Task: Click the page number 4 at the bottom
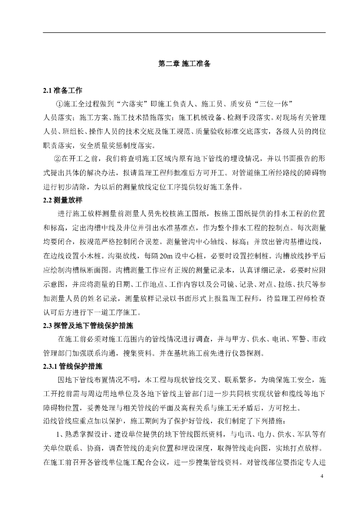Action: tap(322, 477)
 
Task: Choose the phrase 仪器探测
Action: tap(251, 353)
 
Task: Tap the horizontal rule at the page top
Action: tap(184, 33)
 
